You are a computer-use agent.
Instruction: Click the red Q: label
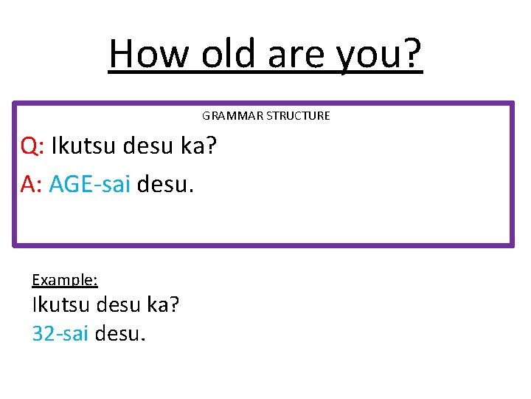coord(33,146)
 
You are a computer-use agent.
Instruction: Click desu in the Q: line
coord(149,146)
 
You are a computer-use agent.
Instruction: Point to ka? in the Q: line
coord(198,146)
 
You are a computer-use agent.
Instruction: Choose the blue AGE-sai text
coord(89,185)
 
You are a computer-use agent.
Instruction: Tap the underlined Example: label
coord(65,280)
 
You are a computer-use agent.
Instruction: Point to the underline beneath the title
coord(265,72)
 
